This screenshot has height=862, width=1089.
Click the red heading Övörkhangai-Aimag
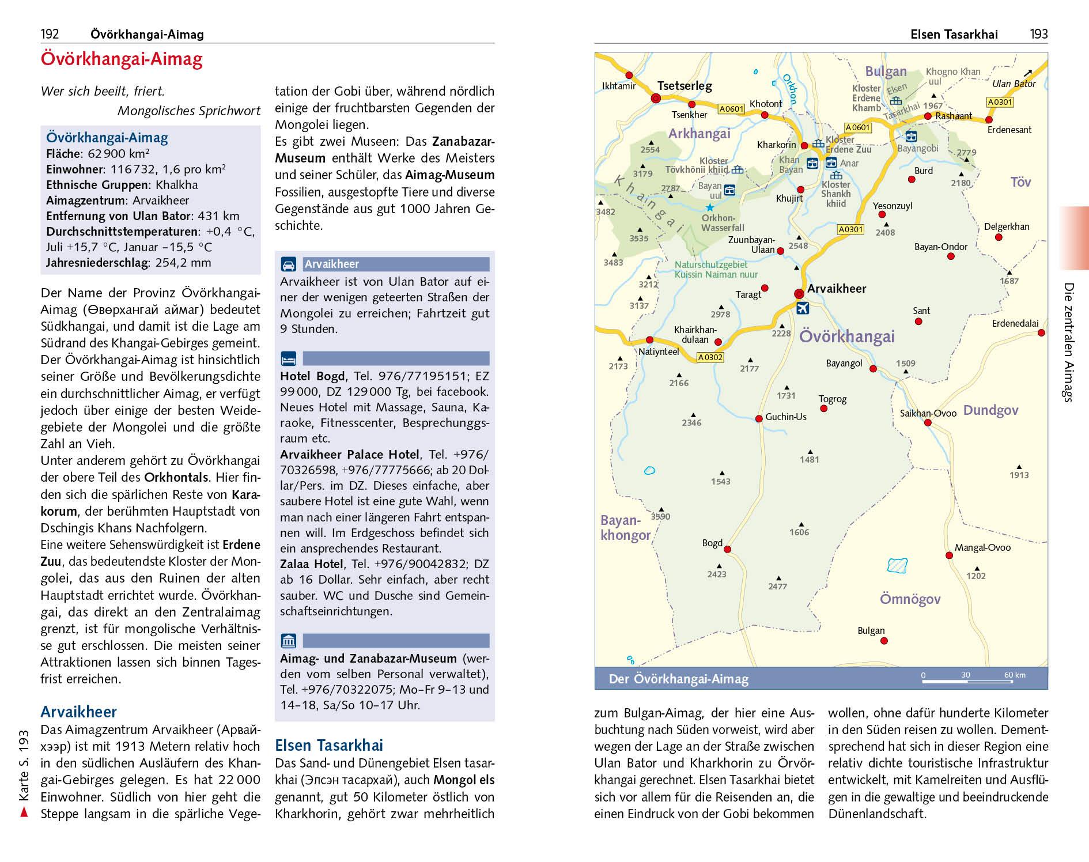click(122, 59)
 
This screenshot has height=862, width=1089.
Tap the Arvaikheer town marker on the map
click(799, 293)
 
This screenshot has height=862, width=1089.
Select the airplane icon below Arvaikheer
click(801, 308)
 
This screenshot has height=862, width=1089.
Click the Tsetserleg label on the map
click(685, 86)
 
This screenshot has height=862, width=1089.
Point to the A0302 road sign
click(710, 357)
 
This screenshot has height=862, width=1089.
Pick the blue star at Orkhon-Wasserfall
click(710, 207)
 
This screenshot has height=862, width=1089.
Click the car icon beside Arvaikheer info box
click(288, 264)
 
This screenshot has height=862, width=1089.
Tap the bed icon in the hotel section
click(288, 358)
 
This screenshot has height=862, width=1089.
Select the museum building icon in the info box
click(288, 641)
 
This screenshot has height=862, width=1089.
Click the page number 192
click(50, 35)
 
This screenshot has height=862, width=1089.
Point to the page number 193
click(1039, 35)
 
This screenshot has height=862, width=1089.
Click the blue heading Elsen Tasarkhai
click(328, 745)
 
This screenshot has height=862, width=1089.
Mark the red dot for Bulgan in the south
click(884, 641)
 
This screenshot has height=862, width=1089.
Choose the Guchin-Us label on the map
click(786, 417)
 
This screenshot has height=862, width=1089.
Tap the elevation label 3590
click(660, 516)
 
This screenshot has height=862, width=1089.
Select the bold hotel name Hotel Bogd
click(312, 376)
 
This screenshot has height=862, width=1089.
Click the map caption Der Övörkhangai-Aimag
click(678, 679)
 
